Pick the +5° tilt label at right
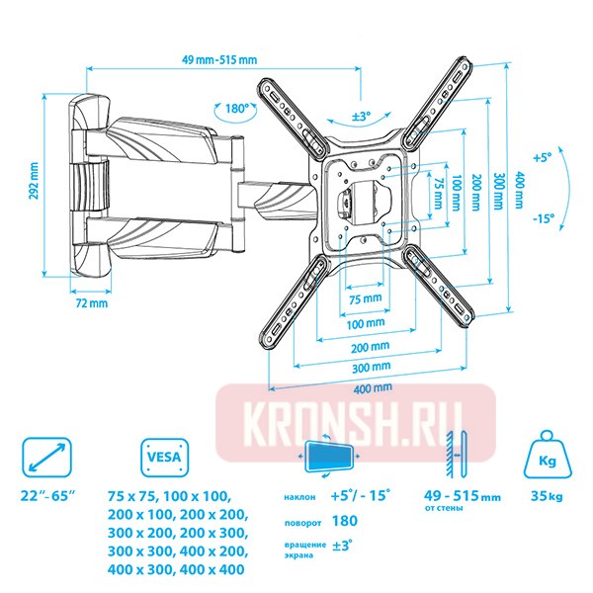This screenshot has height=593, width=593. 541,157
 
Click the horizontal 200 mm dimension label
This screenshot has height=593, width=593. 367,348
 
